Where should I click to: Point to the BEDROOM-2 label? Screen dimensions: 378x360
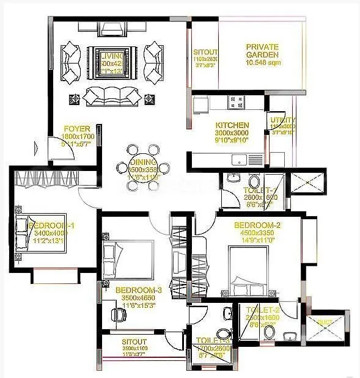coord(257,225)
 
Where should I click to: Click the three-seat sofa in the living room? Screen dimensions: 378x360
coord(111,95)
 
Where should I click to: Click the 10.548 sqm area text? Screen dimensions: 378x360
coord(262,63)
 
